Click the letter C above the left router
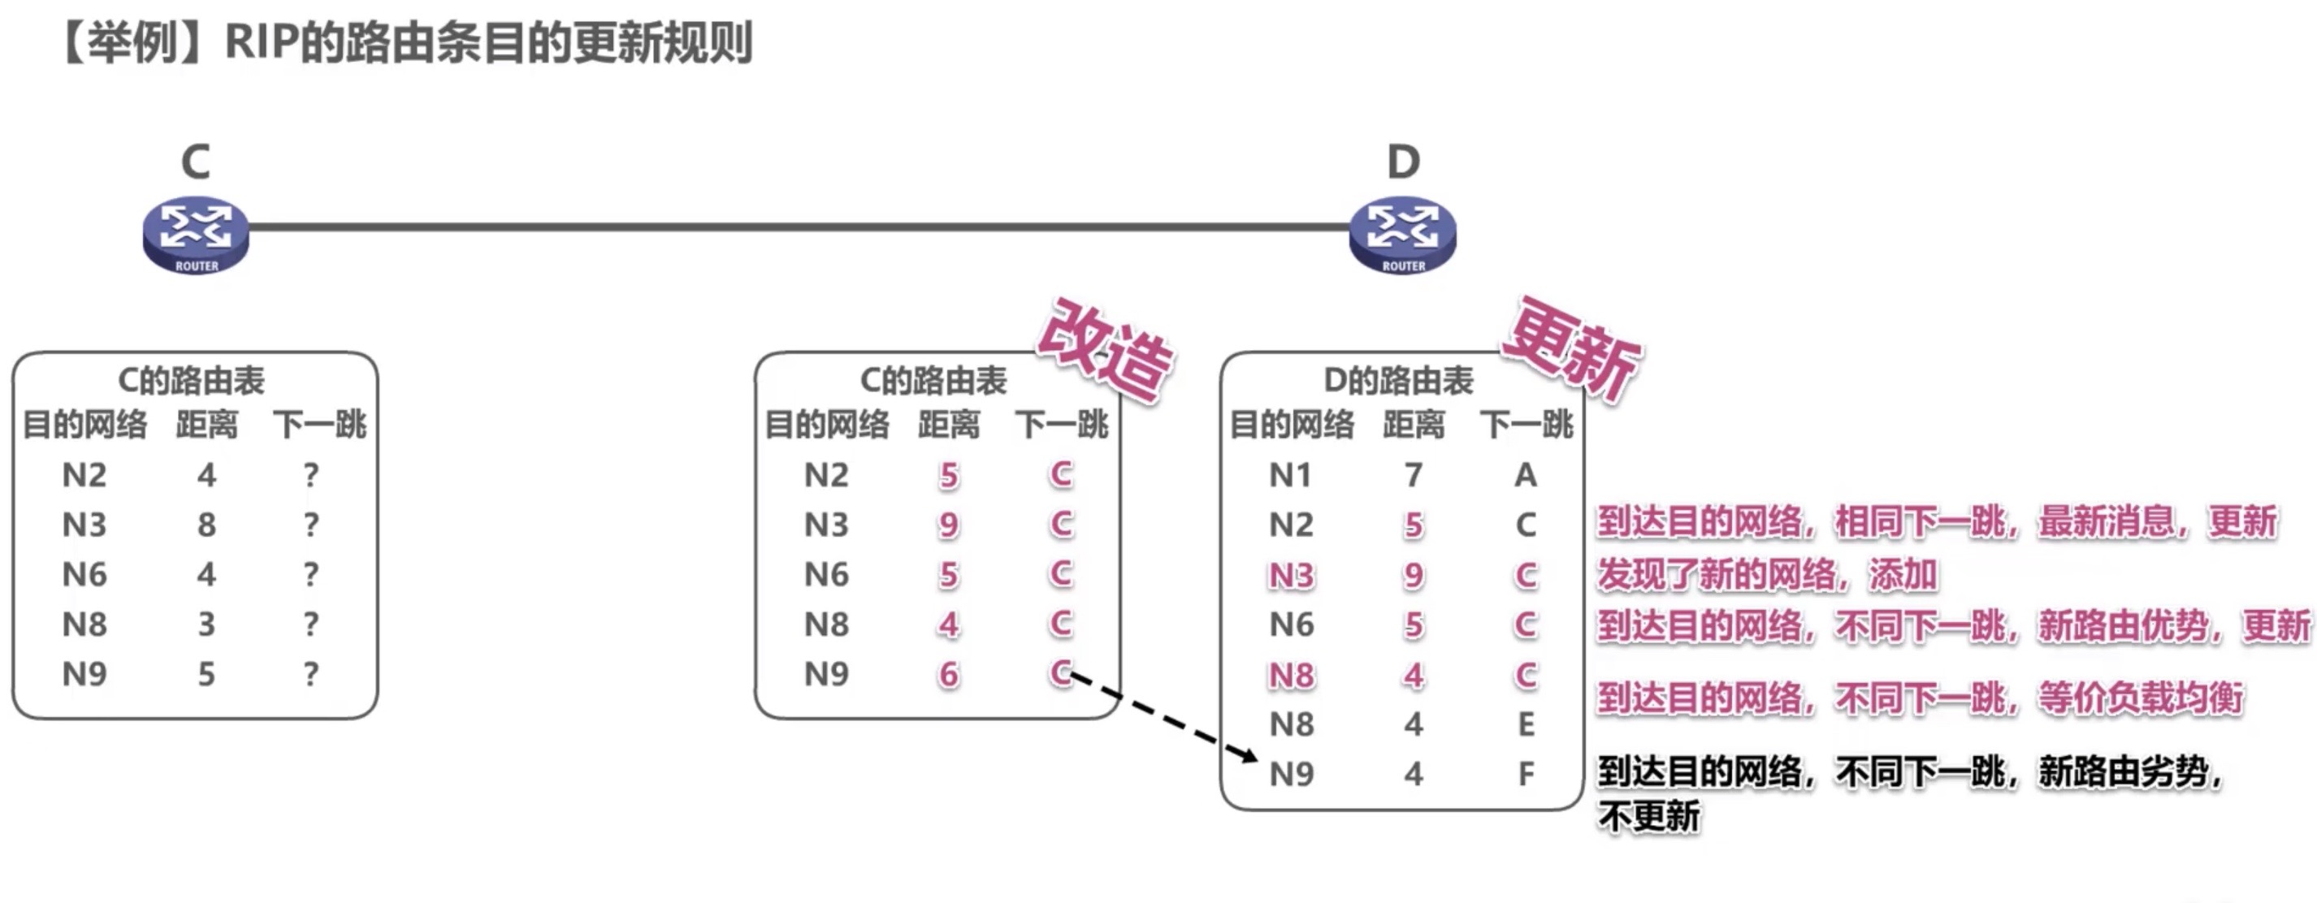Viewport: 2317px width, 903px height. (x=195, y=162)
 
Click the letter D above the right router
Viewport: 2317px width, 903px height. (x=1403, y=162)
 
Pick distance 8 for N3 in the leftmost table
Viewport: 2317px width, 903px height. (x=207, y=525)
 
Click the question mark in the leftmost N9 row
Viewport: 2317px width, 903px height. (x=310, y=674)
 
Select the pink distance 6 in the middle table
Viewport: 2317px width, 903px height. (x=948, y=674)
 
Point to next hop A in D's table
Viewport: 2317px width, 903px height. (x=1525, y=474)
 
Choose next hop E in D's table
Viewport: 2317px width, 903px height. (x=1526, y=724)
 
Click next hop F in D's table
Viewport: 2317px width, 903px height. (x=1526, y=774)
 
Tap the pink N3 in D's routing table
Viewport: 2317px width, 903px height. (x=1291, y=575)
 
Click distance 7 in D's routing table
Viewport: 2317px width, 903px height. (x=1413, y=474)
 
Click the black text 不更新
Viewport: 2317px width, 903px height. (x=1648, y=817)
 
